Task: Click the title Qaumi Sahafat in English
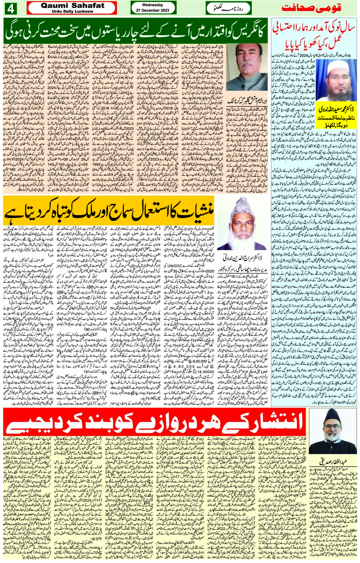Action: [73, 6]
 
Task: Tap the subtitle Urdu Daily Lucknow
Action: [72, 11]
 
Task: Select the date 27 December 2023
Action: [152, 10]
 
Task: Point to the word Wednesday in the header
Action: [152, 5]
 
